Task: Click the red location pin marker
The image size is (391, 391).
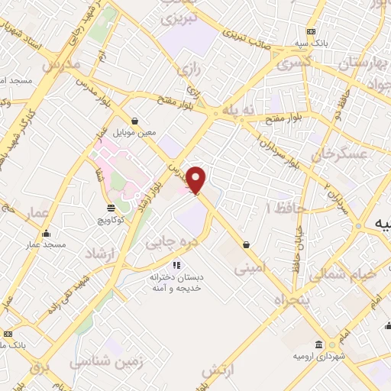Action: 196,179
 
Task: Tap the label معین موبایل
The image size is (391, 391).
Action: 134,132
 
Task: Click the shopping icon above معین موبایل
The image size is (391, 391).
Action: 134,120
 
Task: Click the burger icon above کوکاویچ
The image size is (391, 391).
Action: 111,207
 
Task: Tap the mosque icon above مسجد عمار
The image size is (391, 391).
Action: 48,233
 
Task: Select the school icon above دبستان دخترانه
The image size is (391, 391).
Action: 176,265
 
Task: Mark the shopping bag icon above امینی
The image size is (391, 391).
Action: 246,244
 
